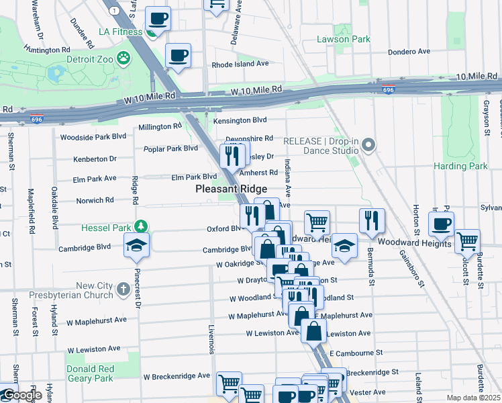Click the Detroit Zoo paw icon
click(123, 58)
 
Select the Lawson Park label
click(343, 39)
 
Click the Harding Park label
click(460, 166)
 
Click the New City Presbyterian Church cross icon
click(123, 289)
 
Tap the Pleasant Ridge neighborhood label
click(227, 189)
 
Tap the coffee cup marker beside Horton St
click(441, 224)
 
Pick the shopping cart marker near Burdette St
click(467, 241)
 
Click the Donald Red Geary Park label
click(90, 373)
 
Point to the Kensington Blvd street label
click(240, 121)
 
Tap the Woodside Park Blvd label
click(93, 136)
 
